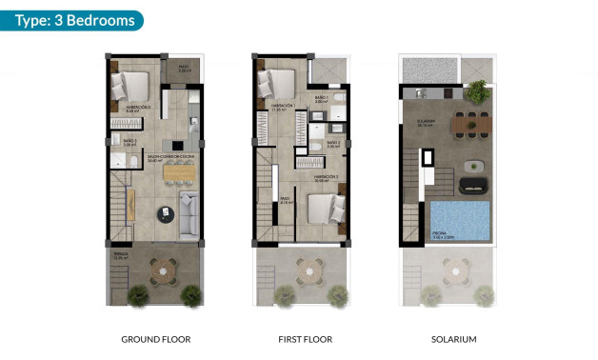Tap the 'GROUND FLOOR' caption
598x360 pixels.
(156, 339)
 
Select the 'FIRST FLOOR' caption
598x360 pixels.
(304, 339)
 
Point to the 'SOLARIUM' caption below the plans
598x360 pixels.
(453, 339)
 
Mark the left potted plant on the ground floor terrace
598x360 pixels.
(137, 294)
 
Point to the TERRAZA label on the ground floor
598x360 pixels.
(120, 256)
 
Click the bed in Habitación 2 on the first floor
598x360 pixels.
(325, 207)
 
